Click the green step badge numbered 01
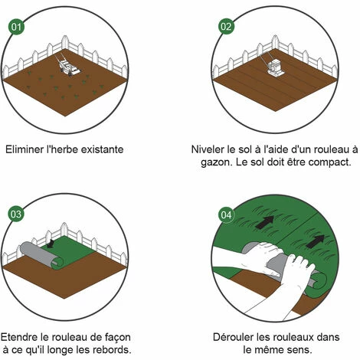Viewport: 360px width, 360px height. click(x=16, y=27)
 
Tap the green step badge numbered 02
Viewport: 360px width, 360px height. click(x=225, y=27)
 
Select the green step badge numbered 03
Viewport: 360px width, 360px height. click(x=16, y=214)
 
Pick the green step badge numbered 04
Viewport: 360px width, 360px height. click(x=225, y=214)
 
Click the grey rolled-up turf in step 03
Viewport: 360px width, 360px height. click(x=39, y=256)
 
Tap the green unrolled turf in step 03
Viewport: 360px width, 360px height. click(x=77, y=249)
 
